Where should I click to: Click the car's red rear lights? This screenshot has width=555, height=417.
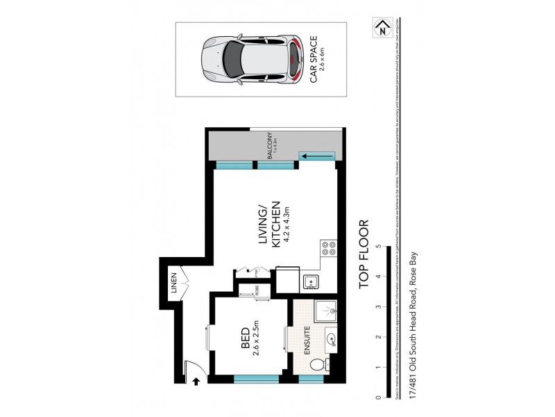(x=297, y=60)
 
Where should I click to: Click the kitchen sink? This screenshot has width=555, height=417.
(x=311, y=281)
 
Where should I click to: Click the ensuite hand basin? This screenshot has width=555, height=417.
(x=331, y=340)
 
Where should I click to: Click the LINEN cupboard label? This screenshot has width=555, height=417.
(x=174, y=285)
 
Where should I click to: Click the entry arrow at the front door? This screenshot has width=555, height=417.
(x=197, y=381)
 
